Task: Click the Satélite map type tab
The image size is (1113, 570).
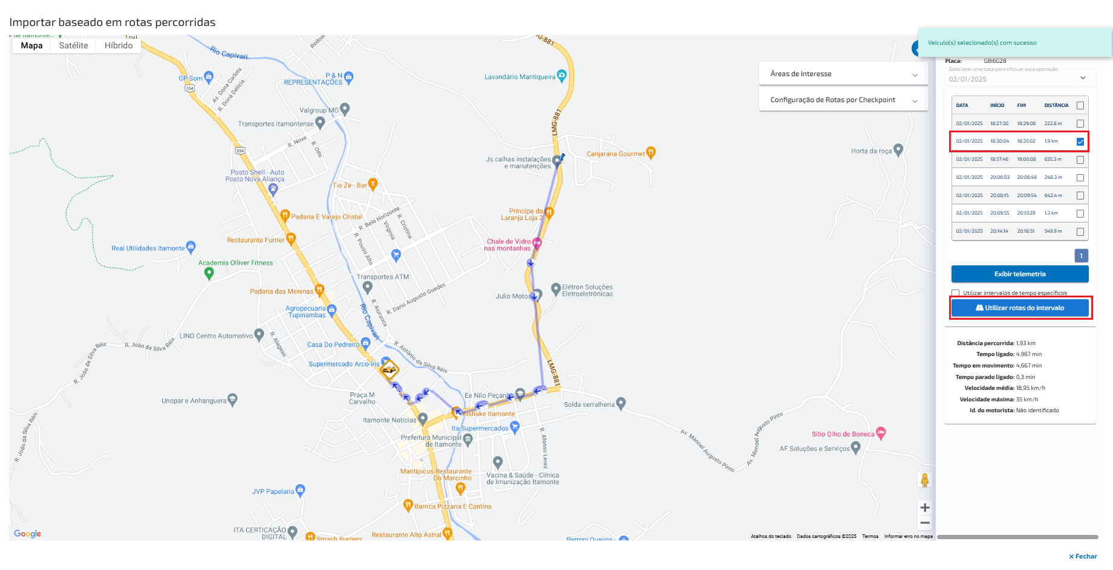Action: pos(73,46)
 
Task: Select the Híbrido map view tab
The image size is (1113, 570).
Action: pos(119,46)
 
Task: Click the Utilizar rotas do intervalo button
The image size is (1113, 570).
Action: pos(1020,308)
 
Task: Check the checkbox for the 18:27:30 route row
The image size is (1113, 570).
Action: pos(1080,123)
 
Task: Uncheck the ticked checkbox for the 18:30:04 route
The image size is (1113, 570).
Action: pos(1080,141)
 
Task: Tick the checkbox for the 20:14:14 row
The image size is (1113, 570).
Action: pos(1080,232)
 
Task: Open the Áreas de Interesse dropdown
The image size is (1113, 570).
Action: pos(843,74)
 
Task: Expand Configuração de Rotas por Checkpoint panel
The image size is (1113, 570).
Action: pos(843,100)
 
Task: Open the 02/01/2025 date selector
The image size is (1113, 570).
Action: pos(1020,79)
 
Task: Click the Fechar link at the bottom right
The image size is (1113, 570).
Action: pos(1083,556)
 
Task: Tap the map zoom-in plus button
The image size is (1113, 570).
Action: pos(925,508)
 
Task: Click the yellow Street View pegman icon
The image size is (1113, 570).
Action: pos(925,480)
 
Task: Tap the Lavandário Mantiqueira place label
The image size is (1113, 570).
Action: pos(520,77)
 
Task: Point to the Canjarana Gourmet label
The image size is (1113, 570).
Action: pos(615,154)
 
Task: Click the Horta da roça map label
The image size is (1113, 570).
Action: pos(871,151)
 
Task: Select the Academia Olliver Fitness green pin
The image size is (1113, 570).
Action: pos(209,273)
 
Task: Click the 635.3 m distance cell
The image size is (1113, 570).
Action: pos(1053,160)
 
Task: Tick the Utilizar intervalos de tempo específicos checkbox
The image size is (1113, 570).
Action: pos(956,293)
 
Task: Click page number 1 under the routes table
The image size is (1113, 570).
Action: pos(1082,256)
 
